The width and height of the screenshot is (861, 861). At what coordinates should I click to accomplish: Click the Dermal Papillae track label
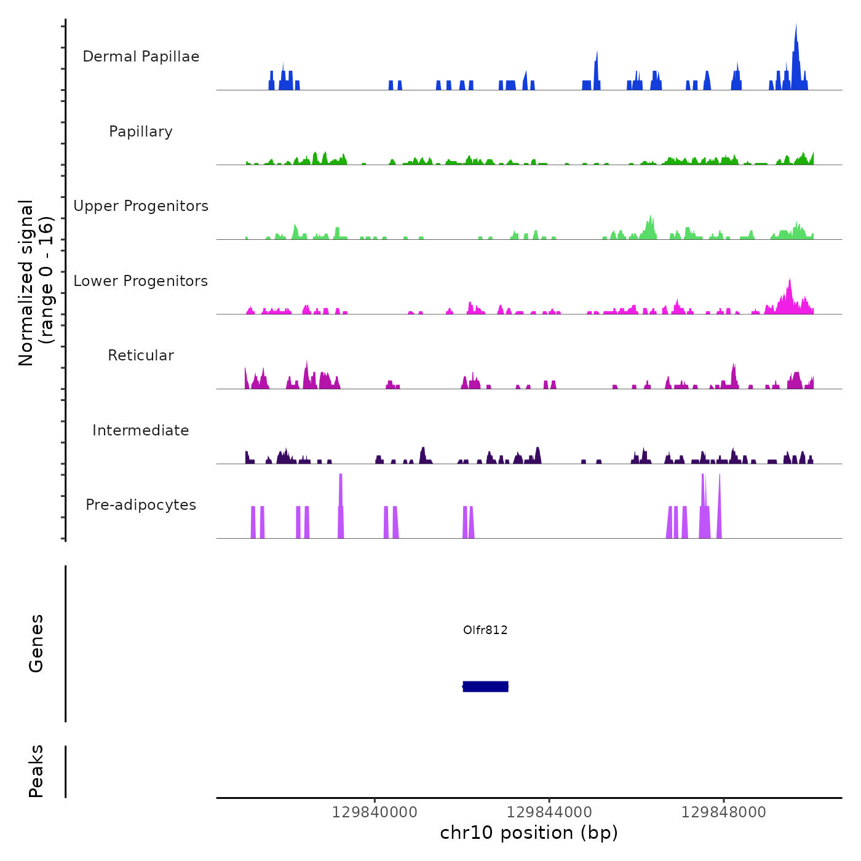[141, 57]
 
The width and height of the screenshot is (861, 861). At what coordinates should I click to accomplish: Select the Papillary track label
[141, 132]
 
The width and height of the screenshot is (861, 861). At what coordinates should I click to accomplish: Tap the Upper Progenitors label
[141, 206]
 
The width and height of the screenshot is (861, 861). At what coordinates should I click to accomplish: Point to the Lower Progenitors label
[141, 281]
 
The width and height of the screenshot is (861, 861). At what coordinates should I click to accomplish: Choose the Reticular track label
[141, 355]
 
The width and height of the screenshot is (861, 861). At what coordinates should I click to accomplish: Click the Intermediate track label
[141, 430]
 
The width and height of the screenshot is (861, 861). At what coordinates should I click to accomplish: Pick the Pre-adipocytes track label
[141, 505]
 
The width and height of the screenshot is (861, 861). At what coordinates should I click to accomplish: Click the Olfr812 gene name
[485, 630]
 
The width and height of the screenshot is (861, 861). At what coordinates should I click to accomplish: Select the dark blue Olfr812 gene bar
[485, 686]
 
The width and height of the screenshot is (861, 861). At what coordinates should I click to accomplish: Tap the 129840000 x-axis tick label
[375, 812]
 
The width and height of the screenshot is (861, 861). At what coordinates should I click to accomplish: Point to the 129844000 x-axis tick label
[549, 812]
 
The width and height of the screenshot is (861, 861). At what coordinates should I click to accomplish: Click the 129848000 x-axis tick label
[724, 812]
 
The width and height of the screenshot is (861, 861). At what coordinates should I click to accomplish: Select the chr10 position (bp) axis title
[529, 833]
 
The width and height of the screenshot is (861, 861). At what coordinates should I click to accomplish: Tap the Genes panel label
[36, 643]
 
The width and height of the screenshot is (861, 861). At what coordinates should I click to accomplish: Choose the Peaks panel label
[36, 771]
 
